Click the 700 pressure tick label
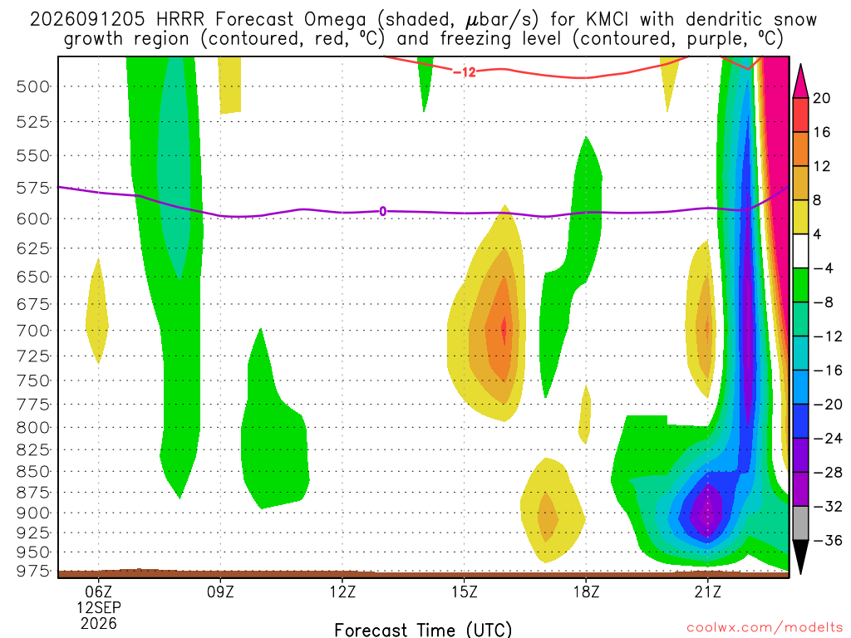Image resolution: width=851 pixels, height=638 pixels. pos(33,331)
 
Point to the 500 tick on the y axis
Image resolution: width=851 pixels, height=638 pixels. pos(33,86)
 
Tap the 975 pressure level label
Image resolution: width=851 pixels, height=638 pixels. pos(33,572)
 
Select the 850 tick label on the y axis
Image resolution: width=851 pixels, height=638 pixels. pos(33,472)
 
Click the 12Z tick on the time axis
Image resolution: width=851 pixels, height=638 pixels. pos(342,591)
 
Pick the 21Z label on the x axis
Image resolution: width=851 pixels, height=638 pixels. pos(708,591)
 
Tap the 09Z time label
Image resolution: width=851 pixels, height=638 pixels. pos(220,591)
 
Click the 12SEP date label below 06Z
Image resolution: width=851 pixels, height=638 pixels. pos(98,607)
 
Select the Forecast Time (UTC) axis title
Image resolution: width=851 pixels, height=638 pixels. pos(423,630)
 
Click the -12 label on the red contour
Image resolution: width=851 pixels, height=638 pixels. pos(464,71)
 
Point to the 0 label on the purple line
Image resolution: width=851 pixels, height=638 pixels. pos(382,212)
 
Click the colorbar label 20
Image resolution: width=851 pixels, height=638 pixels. pos(821,98)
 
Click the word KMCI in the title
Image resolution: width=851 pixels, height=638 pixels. pos(607,20)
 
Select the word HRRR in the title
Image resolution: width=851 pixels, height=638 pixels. pos(180,20)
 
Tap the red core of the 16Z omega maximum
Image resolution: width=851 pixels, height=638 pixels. pos(504,329)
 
